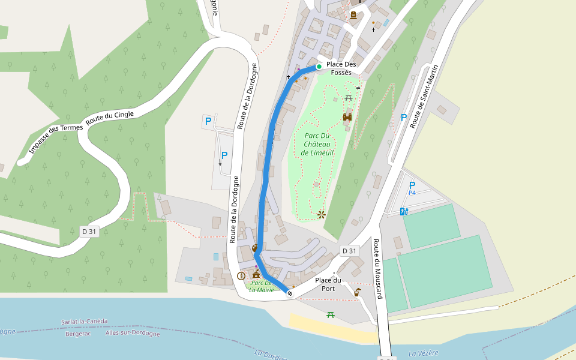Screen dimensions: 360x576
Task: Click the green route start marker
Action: click(319, 67)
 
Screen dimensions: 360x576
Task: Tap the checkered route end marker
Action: click(290, 293)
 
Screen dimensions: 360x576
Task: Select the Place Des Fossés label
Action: click(341, 68)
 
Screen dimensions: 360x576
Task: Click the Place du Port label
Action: click(328, 284)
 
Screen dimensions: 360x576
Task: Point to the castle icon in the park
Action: click(347, 117)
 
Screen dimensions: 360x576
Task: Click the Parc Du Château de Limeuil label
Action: click(317, 144)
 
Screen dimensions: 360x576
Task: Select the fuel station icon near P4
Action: click(404, 211)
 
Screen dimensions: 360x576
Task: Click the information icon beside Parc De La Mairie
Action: click(241, 276)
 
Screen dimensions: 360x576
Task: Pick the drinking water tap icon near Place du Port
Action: click(358, 293)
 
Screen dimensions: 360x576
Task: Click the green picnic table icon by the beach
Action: click(330, 314)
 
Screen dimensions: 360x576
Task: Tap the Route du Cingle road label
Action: click(110, 116)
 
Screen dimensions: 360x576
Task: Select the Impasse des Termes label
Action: click(55, 137)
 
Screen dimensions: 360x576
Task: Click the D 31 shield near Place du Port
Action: click(349, 250)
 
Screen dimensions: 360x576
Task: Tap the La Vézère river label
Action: click(424, 353)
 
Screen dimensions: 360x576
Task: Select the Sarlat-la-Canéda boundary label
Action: click(85, 322)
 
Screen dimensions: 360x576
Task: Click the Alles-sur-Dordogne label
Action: click(133, 334)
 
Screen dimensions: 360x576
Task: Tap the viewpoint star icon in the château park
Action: click(322, 214)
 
